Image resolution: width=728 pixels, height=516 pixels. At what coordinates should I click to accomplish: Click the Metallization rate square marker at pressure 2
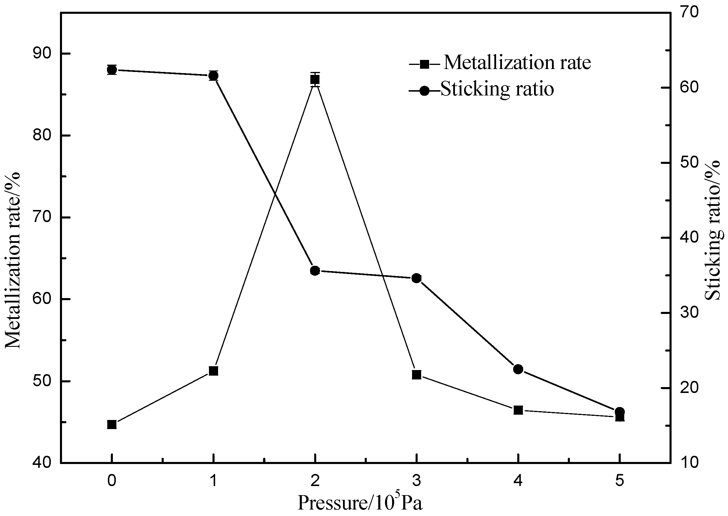coord(315,80)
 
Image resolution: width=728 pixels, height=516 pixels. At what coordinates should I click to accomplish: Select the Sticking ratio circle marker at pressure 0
coord(112,70)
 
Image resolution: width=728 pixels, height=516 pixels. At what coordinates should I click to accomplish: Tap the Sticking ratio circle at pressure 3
coord(416,278)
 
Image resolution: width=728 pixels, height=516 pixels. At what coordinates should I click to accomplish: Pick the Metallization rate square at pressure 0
coord(112,424)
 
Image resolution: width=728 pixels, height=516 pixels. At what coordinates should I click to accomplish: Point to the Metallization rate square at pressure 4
coord(518,410)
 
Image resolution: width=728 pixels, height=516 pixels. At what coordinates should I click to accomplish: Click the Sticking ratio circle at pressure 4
coord(518,369)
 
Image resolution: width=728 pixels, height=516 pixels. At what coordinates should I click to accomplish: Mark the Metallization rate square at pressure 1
coord(213,371)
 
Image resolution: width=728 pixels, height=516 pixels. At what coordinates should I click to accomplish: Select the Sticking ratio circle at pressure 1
coord(213,75)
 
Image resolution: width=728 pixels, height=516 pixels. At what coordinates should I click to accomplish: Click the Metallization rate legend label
coord(517,63)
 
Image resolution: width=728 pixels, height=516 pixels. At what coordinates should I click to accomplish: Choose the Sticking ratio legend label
coord(497,89)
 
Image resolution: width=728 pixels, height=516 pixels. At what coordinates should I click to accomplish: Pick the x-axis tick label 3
coord(416,481)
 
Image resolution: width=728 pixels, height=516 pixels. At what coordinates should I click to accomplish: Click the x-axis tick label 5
coord(620,481)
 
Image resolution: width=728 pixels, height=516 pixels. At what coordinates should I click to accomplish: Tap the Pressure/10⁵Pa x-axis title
coord(360,503)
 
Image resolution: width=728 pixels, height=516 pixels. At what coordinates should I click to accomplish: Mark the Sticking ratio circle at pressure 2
coord(315,271)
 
